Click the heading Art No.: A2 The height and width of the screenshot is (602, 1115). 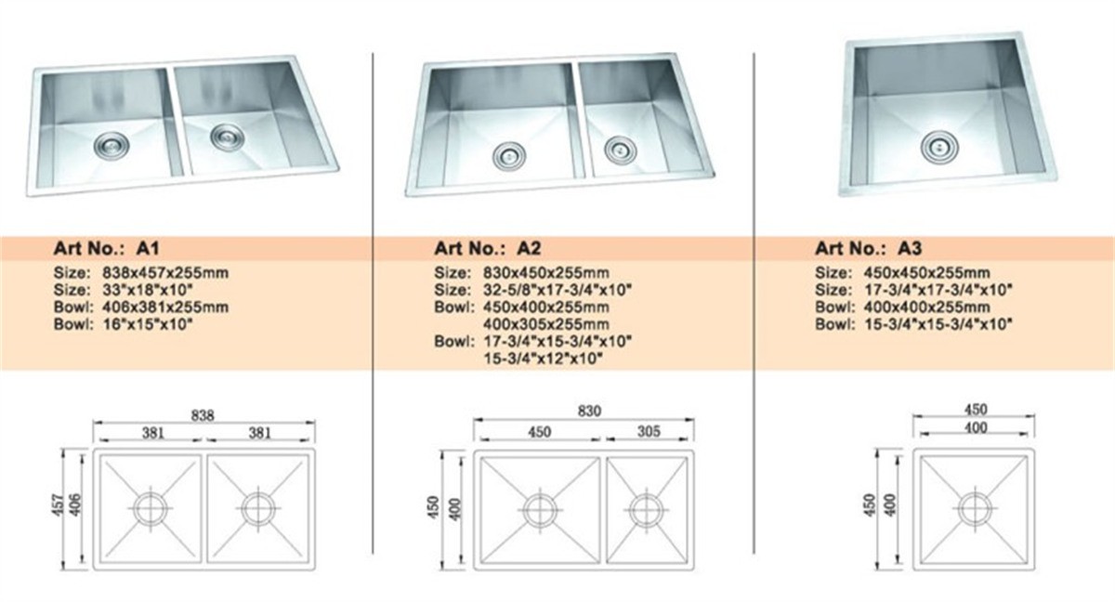(x=488, y=248)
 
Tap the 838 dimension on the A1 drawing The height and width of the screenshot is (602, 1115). (x=203, y=416)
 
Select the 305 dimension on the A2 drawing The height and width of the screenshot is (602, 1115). (x=649, y=431)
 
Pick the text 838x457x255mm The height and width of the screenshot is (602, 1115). (x=160, y=273)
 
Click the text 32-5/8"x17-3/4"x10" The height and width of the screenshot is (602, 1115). (x=557, y=290)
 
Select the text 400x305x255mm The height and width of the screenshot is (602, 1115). (x=545, y=324)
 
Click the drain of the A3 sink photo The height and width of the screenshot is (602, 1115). (x=937, y=145)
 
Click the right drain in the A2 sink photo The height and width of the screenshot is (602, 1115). (x=619, y=148)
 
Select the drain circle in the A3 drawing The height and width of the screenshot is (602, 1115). (x=971, y=508)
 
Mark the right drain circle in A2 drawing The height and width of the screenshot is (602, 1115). (x=647, y=509)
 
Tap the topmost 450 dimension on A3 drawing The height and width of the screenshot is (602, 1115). (x=975, y=410)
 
